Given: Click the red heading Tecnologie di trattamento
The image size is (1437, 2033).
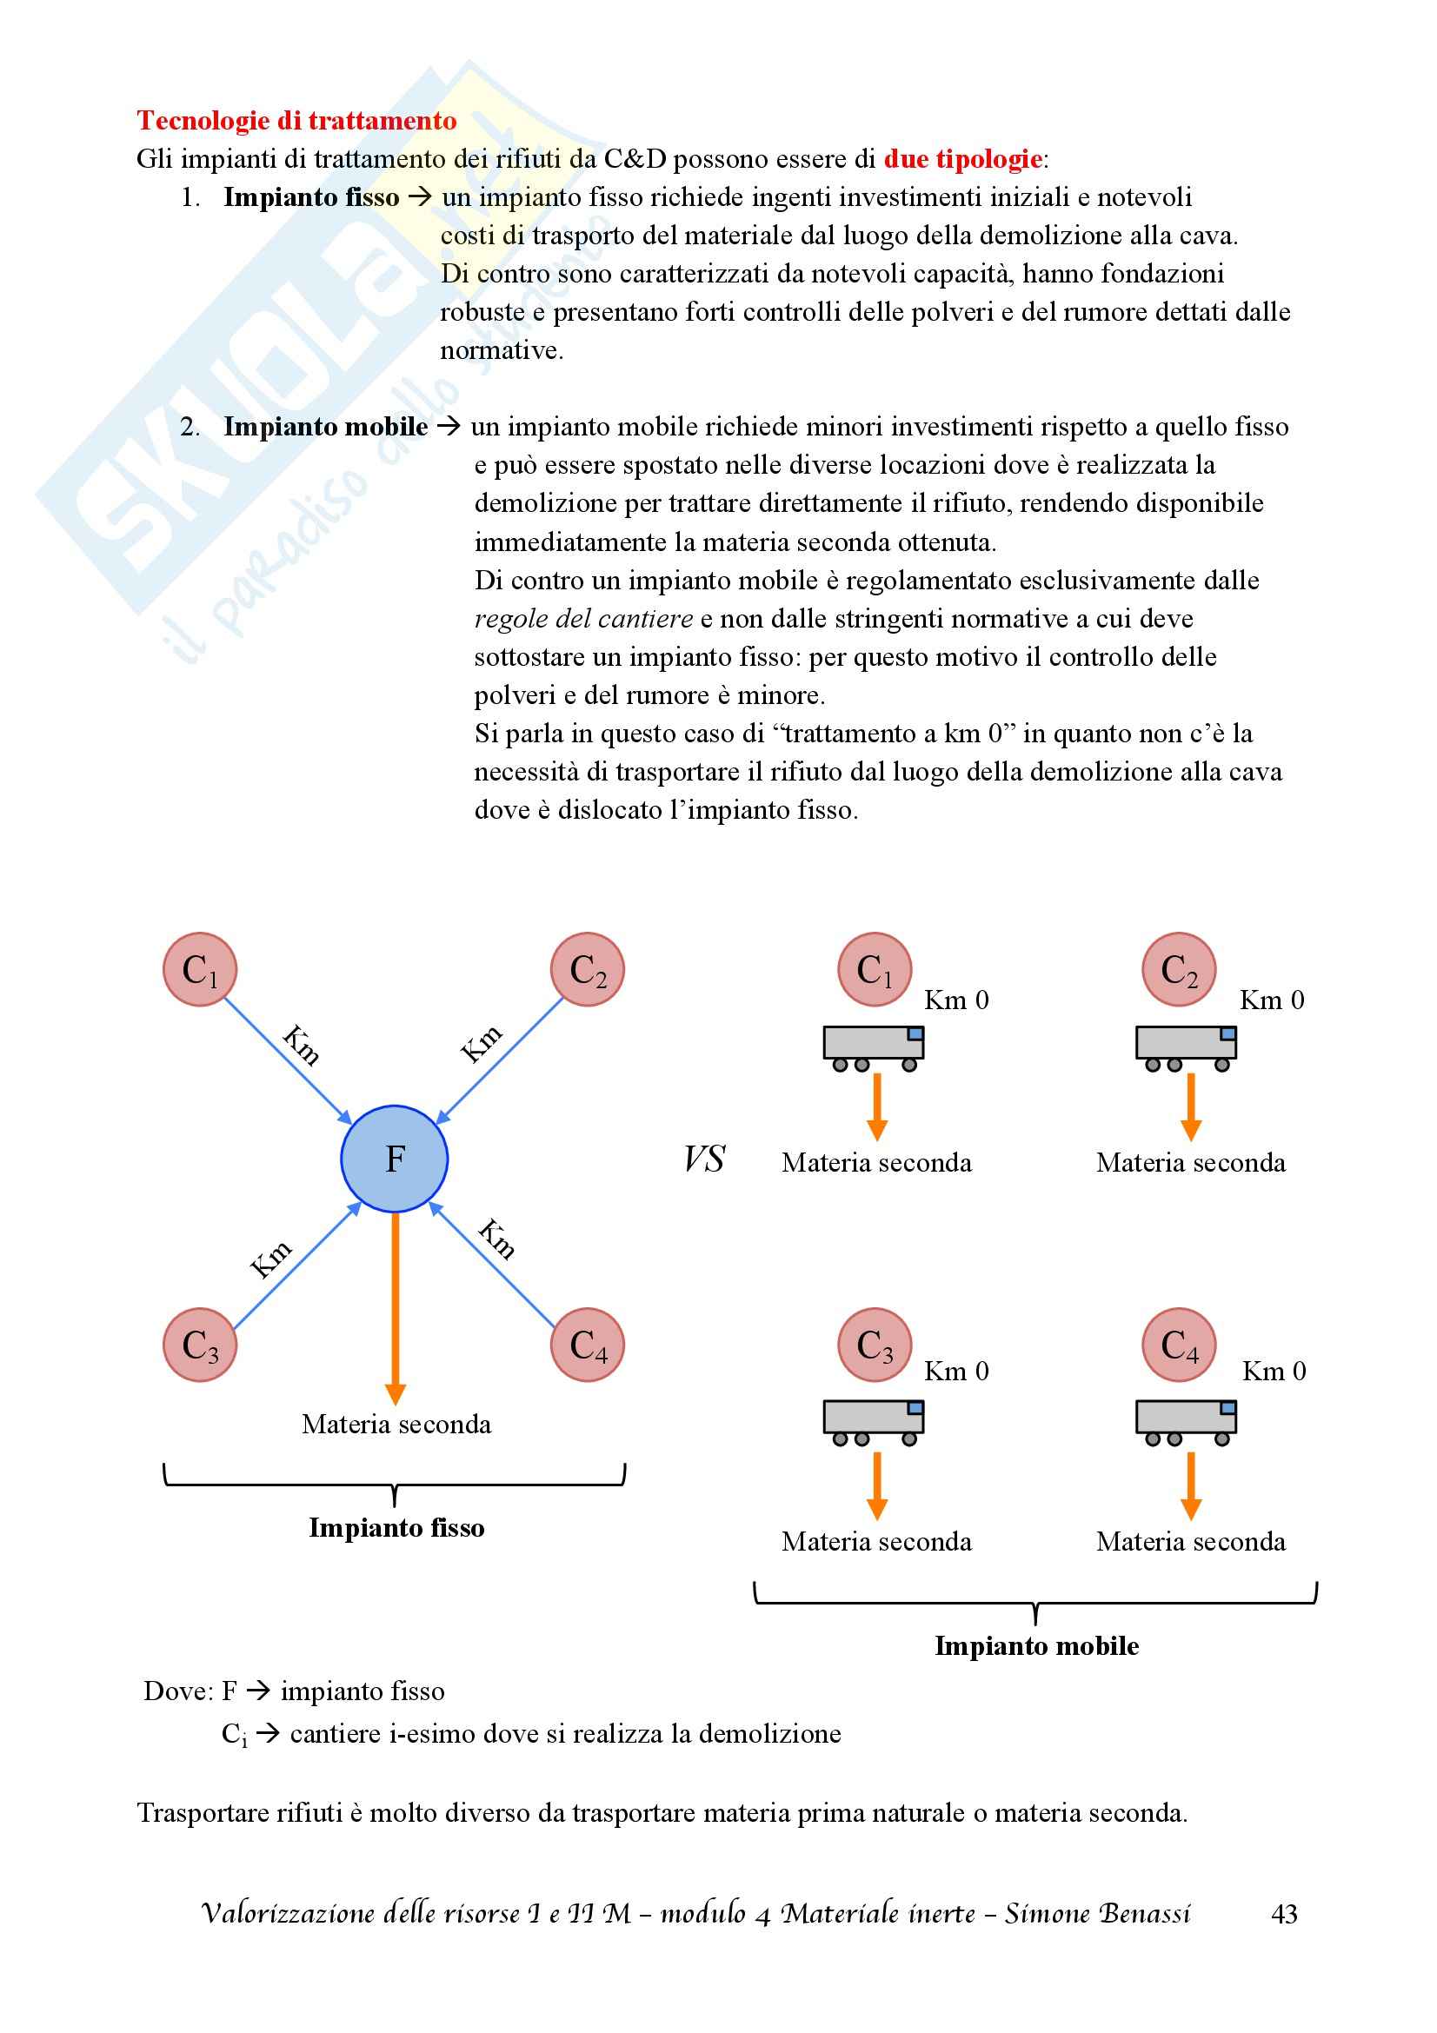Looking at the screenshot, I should pos(296,121).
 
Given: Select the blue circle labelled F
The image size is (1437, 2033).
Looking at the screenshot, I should pos(395,1158).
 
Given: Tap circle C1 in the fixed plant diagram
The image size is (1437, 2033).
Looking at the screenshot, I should pos(200,970).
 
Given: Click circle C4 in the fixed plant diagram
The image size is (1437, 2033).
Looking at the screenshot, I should pos(587,1345).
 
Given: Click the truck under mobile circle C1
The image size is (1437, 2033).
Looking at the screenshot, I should pos(874,1047).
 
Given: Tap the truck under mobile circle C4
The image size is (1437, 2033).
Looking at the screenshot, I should pos(1187,1422).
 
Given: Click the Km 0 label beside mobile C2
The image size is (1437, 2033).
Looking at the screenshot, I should pos(1272,1000).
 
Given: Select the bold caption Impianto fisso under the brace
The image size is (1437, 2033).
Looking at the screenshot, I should pos(396,1528).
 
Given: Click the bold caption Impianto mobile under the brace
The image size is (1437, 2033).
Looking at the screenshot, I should pos(1037,1646).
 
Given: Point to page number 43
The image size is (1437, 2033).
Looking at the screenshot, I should pos(1284,1914).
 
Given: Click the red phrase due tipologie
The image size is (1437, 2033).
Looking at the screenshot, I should pos(962,159).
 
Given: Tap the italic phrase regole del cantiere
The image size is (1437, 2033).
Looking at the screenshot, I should pos(583,619).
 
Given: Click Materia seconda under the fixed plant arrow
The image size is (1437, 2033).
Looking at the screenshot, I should pos(396,1425).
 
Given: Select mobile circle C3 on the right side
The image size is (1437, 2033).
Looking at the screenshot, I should pos(875,1345).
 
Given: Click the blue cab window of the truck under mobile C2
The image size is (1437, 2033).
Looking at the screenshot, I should pos(1228,1033).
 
